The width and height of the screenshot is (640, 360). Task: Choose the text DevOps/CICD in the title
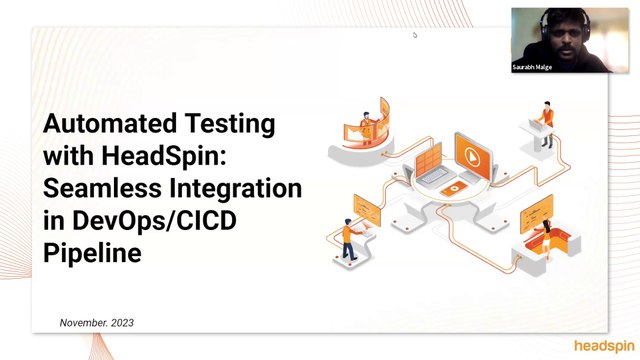[x=171, y=221]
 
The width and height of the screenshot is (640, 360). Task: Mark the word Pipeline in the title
[x=92, y=253]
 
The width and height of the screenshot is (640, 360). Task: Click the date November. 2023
[x=97, y=323]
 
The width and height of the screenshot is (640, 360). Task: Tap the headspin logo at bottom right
[x=603, y=346]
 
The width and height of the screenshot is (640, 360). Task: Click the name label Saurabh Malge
[x=531, y=67]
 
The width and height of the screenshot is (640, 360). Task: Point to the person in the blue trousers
[x=348, y=236]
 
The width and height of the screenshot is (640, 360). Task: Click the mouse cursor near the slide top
[x=414, y=35]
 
